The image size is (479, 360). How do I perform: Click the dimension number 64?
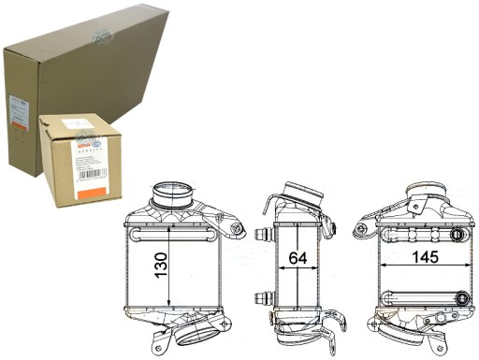[x=298, y=257]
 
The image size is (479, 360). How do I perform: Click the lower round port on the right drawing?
[x=462, y=296]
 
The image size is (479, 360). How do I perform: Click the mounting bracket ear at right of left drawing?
[x=235, y=228]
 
